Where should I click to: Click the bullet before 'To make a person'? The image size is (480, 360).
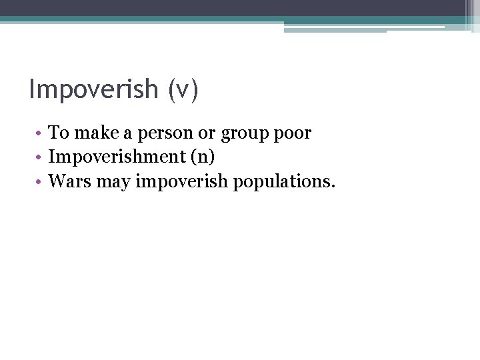point(41,133)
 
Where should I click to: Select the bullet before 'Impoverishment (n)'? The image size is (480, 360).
point(41,157)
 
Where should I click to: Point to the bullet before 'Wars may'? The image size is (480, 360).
point(41,181)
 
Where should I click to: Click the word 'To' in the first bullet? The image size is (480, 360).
point(59,133)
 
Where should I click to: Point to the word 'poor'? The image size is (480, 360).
point(293,134)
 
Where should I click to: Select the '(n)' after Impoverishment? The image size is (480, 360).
point(202,157)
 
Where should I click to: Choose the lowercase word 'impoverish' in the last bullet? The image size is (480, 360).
point(181,181)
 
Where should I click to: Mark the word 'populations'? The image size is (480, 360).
point(281,181)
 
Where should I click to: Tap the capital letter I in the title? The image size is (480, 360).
point(32,89)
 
